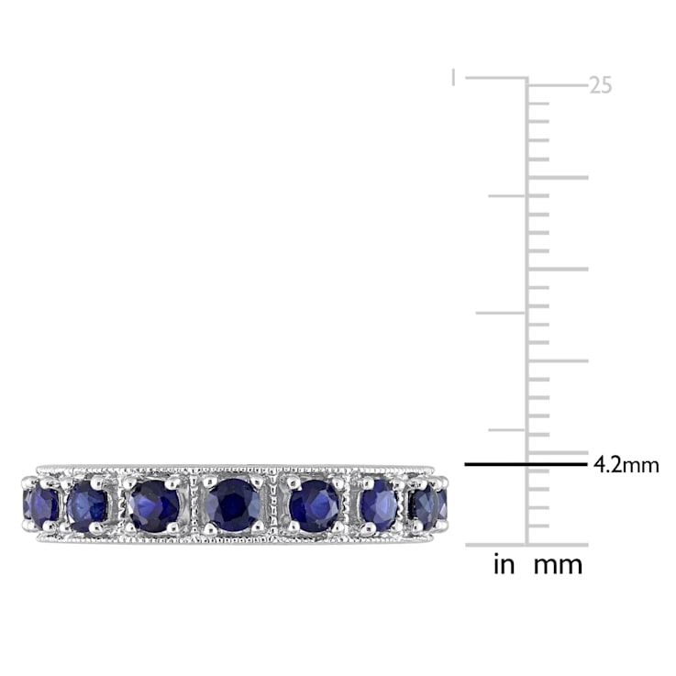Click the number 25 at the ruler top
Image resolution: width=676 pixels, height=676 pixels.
click(600, 86)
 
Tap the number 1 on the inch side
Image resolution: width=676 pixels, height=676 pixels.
click(452, 78)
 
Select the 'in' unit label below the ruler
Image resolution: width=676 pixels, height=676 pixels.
click(504, 564)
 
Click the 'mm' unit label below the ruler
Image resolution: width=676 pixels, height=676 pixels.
click(558, 566)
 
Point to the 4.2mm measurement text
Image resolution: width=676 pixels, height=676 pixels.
click(626, 465)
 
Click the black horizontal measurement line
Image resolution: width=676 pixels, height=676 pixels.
click(526, 464)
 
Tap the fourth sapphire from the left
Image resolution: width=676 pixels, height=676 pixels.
click(233, 504)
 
